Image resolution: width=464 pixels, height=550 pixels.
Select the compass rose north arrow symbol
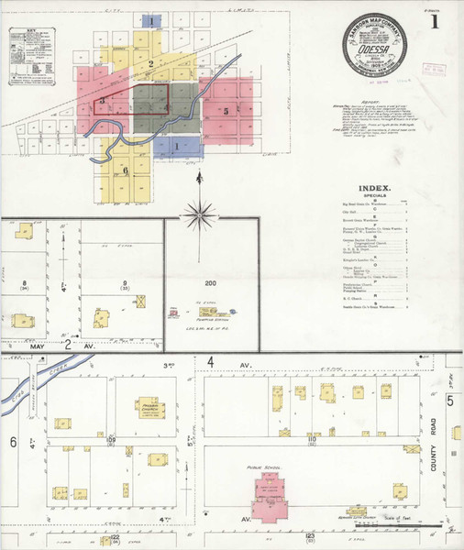(x=198, y=214)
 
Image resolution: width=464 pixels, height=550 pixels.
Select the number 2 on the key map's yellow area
(x=149, y=63)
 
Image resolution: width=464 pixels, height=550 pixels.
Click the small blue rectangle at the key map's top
(x=151, y=19)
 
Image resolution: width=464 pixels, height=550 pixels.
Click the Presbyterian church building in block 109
(x=148, y=407)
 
